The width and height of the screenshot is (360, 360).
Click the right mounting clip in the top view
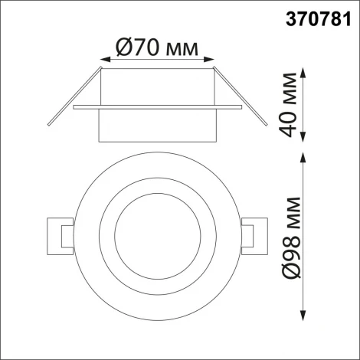[x=252, y=233]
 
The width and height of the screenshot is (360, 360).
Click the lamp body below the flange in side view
[x=156, y=126]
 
